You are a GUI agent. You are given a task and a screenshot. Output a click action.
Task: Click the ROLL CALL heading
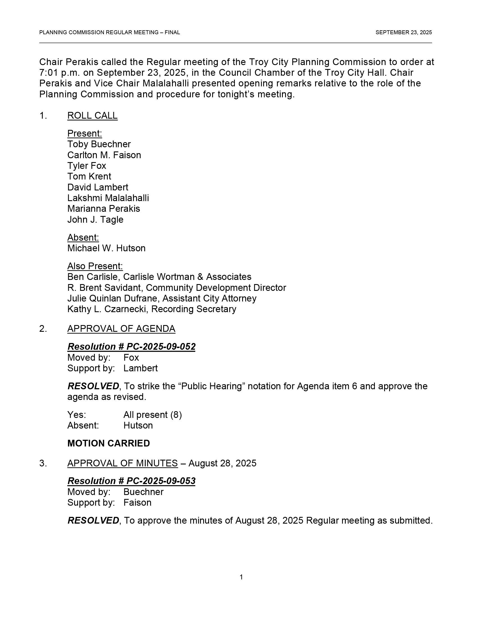click(x=92, y=116)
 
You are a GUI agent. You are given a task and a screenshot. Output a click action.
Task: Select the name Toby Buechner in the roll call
click(x=99, y=144)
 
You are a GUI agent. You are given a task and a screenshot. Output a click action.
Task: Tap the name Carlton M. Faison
click(x=104, y=155)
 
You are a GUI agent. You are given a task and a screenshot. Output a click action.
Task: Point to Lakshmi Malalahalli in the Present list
click(x=108, y=198)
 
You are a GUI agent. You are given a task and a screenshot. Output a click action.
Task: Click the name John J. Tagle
click(x=95, y=220)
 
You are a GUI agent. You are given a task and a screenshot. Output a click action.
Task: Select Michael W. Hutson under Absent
click(x=106, y=248)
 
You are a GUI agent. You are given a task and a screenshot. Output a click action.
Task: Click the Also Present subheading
click(x=95, y=266)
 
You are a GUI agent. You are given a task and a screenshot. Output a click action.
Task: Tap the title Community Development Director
click(x=216, y=287)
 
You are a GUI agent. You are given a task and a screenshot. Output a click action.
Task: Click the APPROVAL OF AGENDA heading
click(x=121, y=329)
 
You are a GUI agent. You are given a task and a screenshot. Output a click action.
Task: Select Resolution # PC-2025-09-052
click(x=131, y=346)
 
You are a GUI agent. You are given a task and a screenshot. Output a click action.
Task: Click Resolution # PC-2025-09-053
click(x=131, y=481)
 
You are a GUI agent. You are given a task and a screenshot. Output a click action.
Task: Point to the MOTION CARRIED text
click(x=109, y=443)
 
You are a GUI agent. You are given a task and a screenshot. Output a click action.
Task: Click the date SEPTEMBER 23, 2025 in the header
click(x=403, y=33)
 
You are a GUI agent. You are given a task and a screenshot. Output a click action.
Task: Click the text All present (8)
click(x=153, y=415)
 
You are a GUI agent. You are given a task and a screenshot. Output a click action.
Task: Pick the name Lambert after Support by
click(x=141, y=368)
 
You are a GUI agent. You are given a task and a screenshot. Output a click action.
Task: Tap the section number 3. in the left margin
click(x=43, y=463)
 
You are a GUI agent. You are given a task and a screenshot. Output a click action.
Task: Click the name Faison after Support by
click(x=137, y=503)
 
